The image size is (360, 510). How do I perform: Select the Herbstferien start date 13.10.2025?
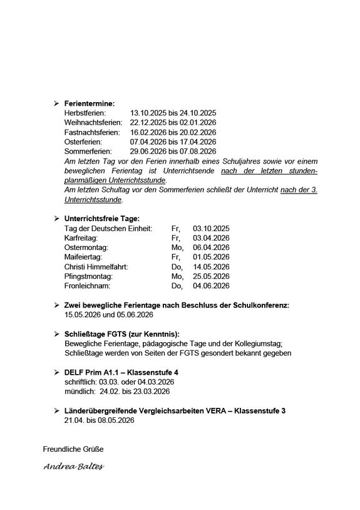click(149, 112)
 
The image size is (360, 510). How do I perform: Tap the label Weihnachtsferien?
click(93, 122)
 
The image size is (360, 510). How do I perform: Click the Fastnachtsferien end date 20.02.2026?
click(196, 132)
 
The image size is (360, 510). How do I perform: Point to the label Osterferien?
click(85, 142)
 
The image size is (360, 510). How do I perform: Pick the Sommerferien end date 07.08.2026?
click(196, 152)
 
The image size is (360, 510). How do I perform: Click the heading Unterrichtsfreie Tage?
click(103, 218)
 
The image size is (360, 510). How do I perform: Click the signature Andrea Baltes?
click(73, 467)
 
